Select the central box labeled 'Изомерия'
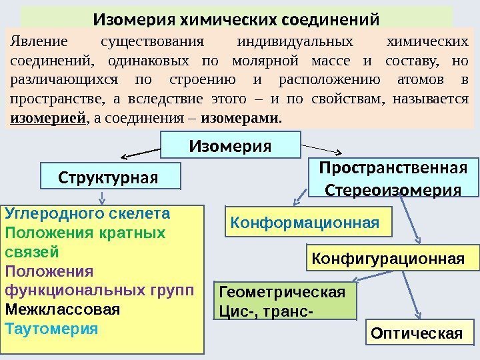click(231, 145)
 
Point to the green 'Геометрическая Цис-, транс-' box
click(285, 300)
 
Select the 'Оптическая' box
click(416, 333)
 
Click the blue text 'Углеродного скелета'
click(87, 214)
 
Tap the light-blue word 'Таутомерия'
click(51, 329)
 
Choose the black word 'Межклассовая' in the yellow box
click(63, 310)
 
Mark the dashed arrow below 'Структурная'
click(101, 197)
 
